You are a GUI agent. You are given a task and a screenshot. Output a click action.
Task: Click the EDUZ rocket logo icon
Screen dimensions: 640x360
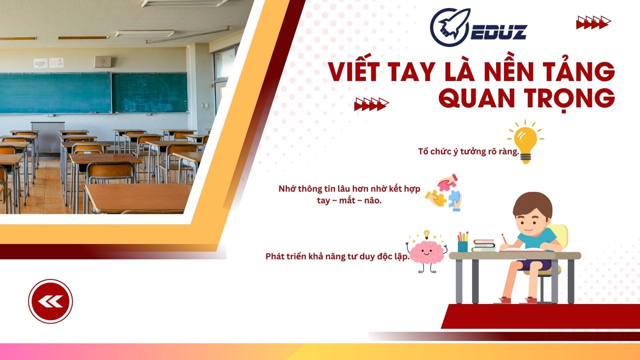pyautogui.click(x=450, y=27)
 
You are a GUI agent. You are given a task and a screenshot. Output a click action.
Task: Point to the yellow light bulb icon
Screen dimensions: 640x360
pyautogui.click(x=526, y=141)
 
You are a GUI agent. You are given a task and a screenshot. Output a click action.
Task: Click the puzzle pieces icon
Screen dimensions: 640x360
pyautogui.click(x=444, y=193)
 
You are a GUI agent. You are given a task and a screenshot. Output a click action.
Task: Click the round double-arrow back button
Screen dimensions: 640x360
pyautogui.click(x=50, y=301)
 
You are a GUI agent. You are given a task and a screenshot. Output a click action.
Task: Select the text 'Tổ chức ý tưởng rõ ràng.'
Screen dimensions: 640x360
pyautogui.click(x=469, y=152)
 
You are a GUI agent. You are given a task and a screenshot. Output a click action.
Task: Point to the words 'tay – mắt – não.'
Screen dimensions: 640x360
pyautogui.click(x=349, y=201)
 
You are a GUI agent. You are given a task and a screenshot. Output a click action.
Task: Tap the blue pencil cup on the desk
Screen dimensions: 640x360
pyautogui.click(x=463, y=246)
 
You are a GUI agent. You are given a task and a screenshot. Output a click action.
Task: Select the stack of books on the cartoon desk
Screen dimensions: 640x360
pyautogui.click(x=484, y=246)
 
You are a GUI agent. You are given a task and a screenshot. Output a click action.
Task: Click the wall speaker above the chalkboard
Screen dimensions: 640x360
pyautogui.click(x=103, y=61)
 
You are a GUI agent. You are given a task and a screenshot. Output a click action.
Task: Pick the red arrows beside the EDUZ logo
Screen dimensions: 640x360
pyautogui.click(x=593, y=22)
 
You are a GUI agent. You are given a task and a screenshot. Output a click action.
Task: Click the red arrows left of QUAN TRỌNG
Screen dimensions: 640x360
pyautogui.click(x=371, y=104)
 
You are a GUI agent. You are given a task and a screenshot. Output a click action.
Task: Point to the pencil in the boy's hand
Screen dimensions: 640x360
pyautogui.click(x=505, y=239)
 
